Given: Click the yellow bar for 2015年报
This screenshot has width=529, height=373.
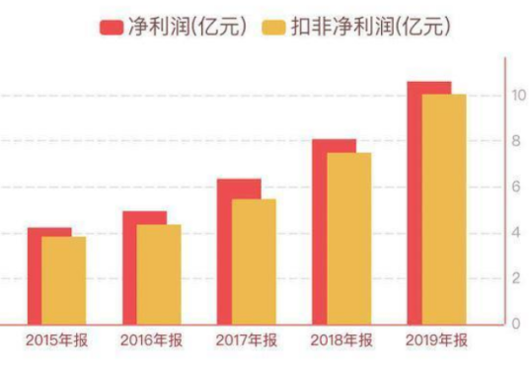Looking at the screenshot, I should pos(64,280).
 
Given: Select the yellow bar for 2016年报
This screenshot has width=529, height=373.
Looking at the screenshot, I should pos(159,274).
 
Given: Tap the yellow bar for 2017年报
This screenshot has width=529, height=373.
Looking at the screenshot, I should pos(254,261).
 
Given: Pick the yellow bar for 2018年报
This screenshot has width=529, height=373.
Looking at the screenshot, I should pos(349,238).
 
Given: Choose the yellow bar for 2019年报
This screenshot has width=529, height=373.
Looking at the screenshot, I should pos(444,209).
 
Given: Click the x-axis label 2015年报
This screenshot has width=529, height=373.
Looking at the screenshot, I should pos(56,340).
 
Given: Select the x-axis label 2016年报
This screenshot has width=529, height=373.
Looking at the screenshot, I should pos(151,340).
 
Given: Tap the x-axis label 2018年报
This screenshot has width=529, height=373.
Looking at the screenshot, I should pos(341,340).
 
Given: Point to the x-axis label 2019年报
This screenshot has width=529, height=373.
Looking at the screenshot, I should pos(436,340).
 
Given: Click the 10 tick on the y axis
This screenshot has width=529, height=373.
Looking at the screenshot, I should pos(516,96).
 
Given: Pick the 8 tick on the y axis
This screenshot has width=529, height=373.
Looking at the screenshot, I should pos(514,141).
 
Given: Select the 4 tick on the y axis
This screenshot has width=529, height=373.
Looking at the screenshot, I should pos(514,233).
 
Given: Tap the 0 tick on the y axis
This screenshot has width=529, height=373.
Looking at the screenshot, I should pos(514,324).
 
